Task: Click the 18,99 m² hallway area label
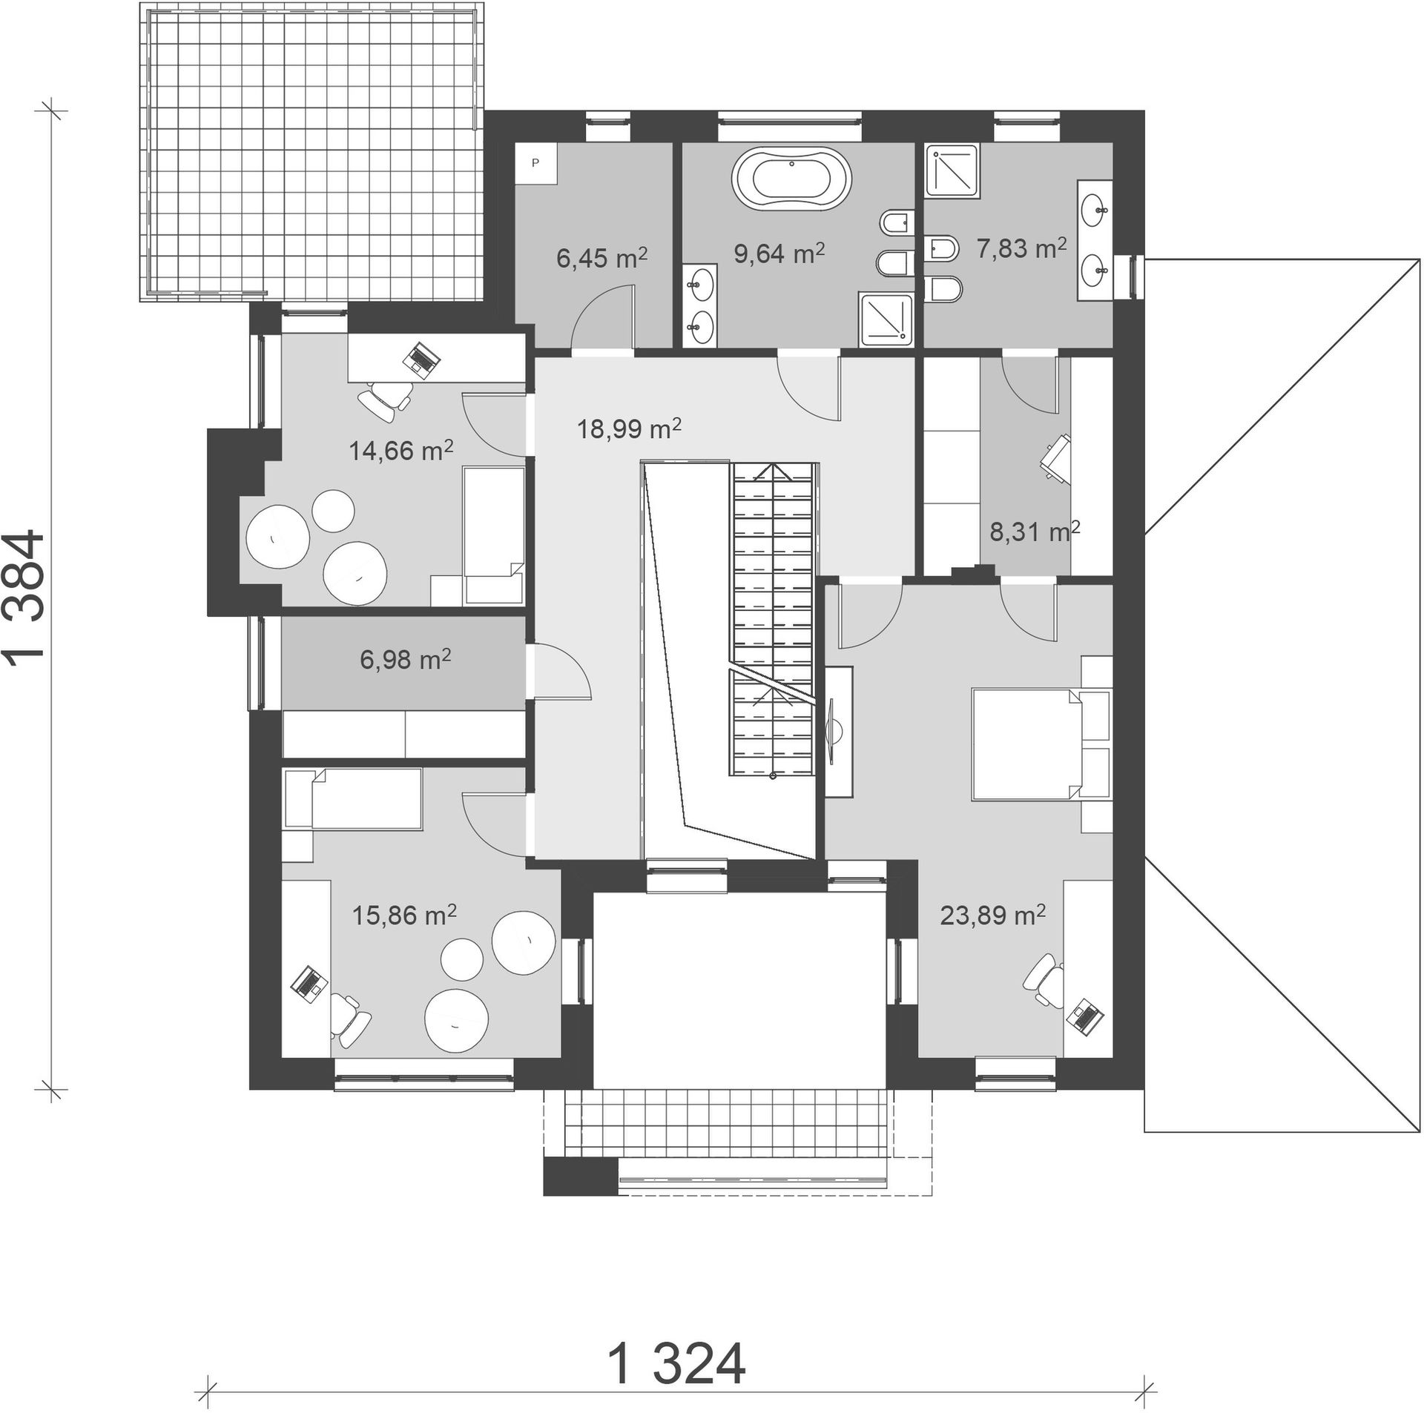coord(629,428)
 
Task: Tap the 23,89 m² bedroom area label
coord(992,916)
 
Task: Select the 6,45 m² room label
coord(601,257)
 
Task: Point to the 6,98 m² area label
coord(405,659)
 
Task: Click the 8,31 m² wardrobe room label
coord(1035,531)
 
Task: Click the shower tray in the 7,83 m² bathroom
coord(954,173)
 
